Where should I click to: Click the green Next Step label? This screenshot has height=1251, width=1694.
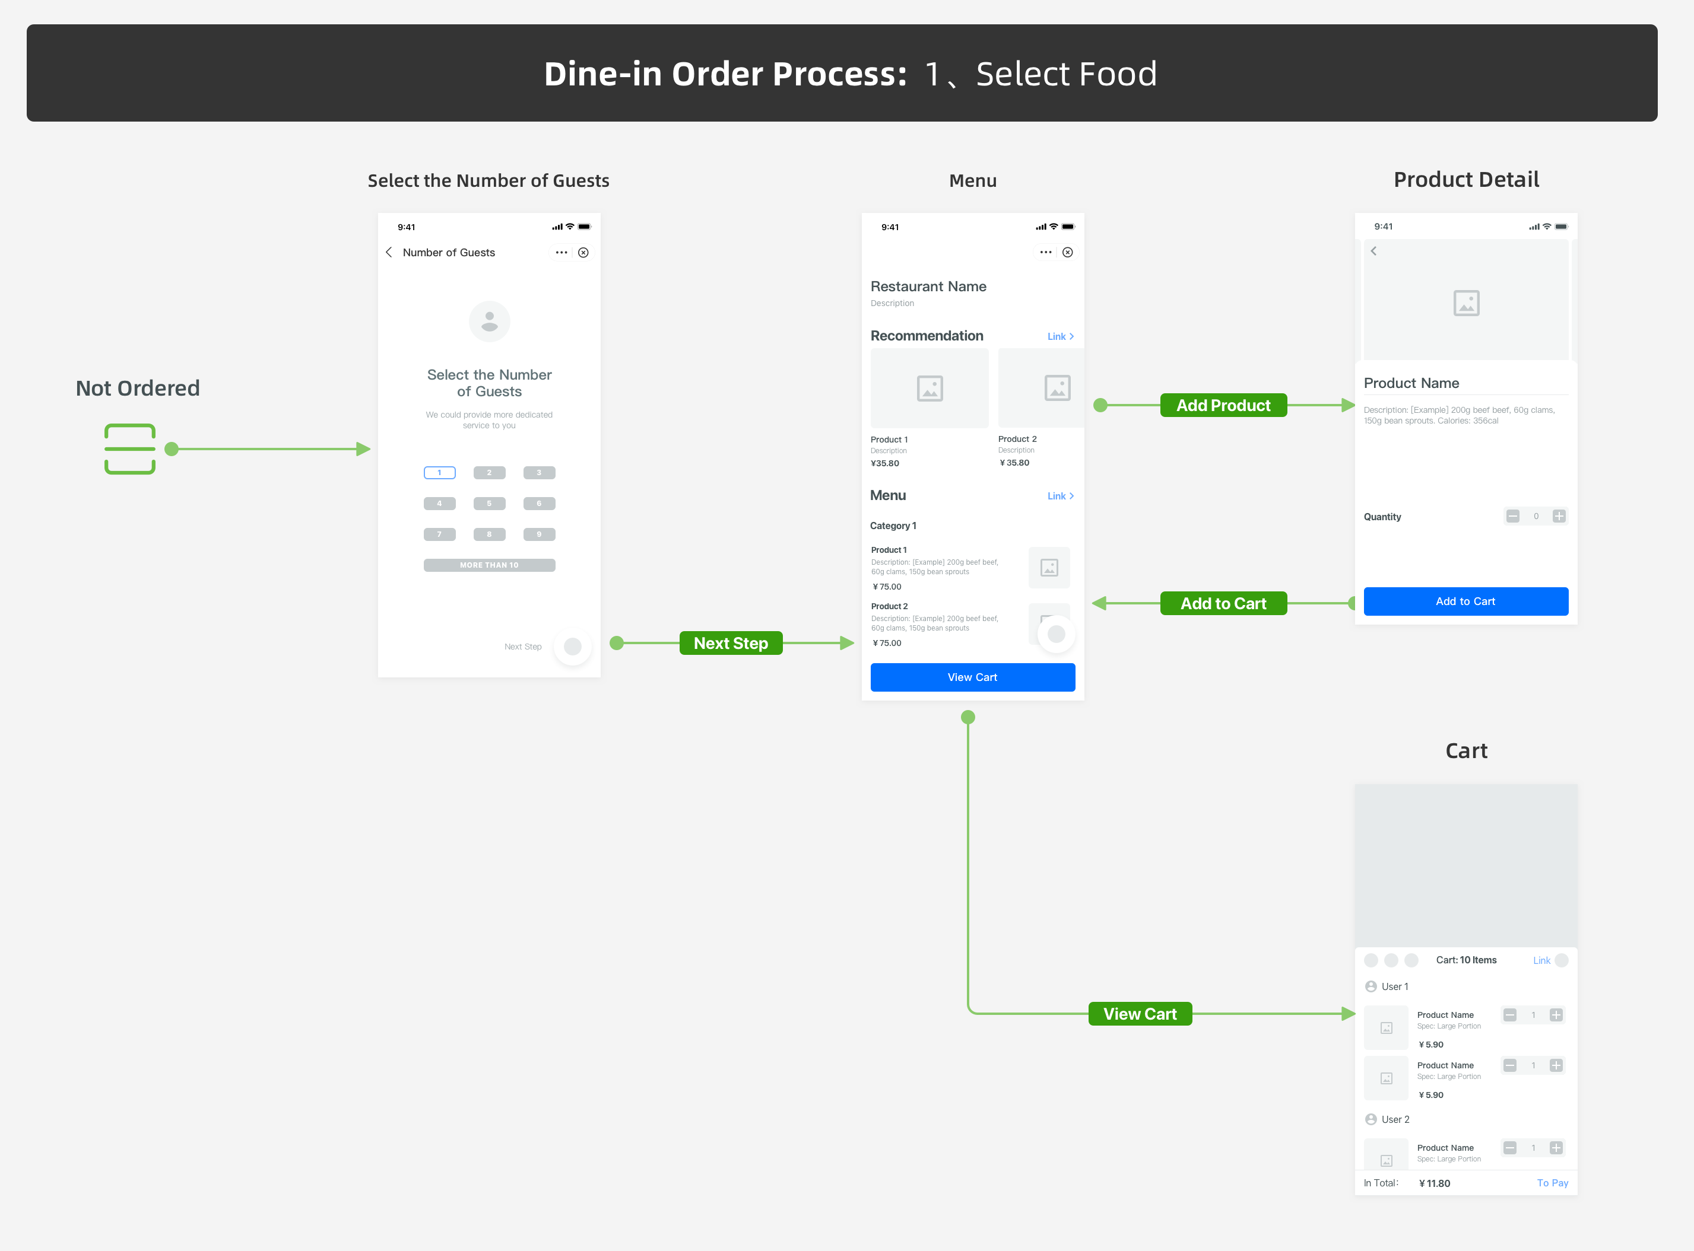tap(730, 643)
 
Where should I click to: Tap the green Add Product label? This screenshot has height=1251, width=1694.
tap(1223, 405)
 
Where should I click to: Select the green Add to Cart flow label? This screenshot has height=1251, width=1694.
tap(1223, 603)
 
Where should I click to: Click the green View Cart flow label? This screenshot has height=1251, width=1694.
tap(1140, 1014)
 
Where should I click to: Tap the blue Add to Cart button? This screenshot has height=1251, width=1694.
tap(1465, 601)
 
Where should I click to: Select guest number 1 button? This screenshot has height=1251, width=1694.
tap(439, 473)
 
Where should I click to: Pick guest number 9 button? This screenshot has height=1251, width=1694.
tap(539, 534)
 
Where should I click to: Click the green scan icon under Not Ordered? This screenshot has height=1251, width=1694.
tap(129, 449)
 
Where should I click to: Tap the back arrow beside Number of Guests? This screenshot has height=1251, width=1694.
tap(389, 252)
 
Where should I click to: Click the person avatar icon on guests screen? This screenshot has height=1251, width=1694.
tap(490, 322)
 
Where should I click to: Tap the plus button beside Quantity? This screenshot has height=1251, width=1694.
tap(1559, 517)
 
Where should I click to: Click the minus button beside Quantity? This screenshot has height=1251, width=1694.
tap(1512, 517)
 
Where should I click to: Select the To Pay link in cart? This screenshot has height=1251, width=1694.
tap(1552, 1183)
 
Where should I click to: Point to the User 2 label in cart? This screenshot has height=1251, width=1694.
tap(1395, 1119)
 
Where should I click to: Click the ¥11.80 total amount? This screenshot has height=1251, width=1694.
tap(1434, 1183)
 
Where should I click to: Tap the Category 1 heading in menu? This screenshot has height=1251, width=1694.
tap(893, 526)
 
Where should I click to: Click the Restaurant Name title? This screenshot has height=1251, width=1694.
tap(928, 287)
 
